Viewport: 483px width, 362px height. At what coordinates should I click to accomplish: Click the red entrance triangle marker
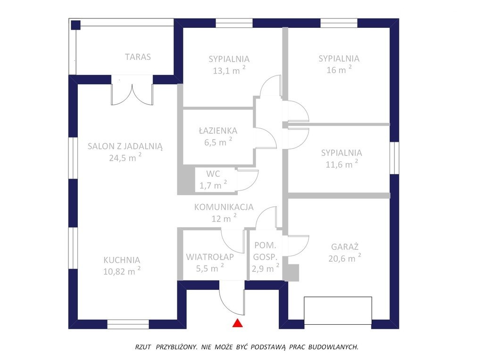click(x=237, y=323)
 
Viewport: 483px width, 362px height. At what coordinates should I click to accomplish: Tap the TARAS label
click(x=138, y=57)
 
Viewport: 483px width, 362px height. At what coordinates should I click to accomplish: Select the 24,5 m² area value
click(x=125, y=157)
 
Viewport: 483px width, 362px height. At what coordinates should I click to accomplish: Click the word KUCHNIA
click(x=122, y=260)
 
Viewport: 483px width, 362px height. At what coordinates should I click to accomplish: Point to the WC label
click(x=213, y=174)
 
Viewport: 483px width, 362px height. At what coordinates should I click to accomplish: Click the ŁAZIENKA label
click(x=218, y=131)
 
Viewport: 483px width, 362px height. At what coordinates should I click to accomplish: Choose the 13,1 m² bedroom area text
click(x=229, y=70)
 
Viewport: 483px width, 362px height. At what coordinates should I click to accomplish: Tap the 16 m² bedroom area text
click(x=339, y=70)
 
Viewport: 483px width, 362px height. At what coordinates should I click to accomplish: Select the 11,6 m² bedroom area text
click(x=341, y=164)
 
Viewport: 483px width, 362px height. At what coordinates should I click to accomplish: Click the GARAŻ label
click(x=345, y=247)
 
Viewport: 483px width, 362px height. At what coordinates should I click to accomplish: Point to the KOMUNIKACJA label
click(x=224, y=207)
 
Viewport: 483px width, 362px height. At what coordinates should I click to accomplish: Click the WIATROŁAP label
click(x=210, y=257)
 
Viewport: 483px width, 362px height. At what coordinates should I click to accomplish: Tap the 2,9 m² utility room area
click(x=265, y=268)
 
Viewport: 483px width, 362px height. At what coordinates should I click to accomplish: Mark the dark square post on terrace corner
click(x=75, y=25)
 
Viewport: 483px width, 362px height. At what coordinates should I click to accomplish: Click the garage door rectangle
click(x=338, y=310)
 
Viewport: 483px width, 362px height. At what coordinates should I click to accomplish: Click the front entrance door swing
click(x=232, y=298)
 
